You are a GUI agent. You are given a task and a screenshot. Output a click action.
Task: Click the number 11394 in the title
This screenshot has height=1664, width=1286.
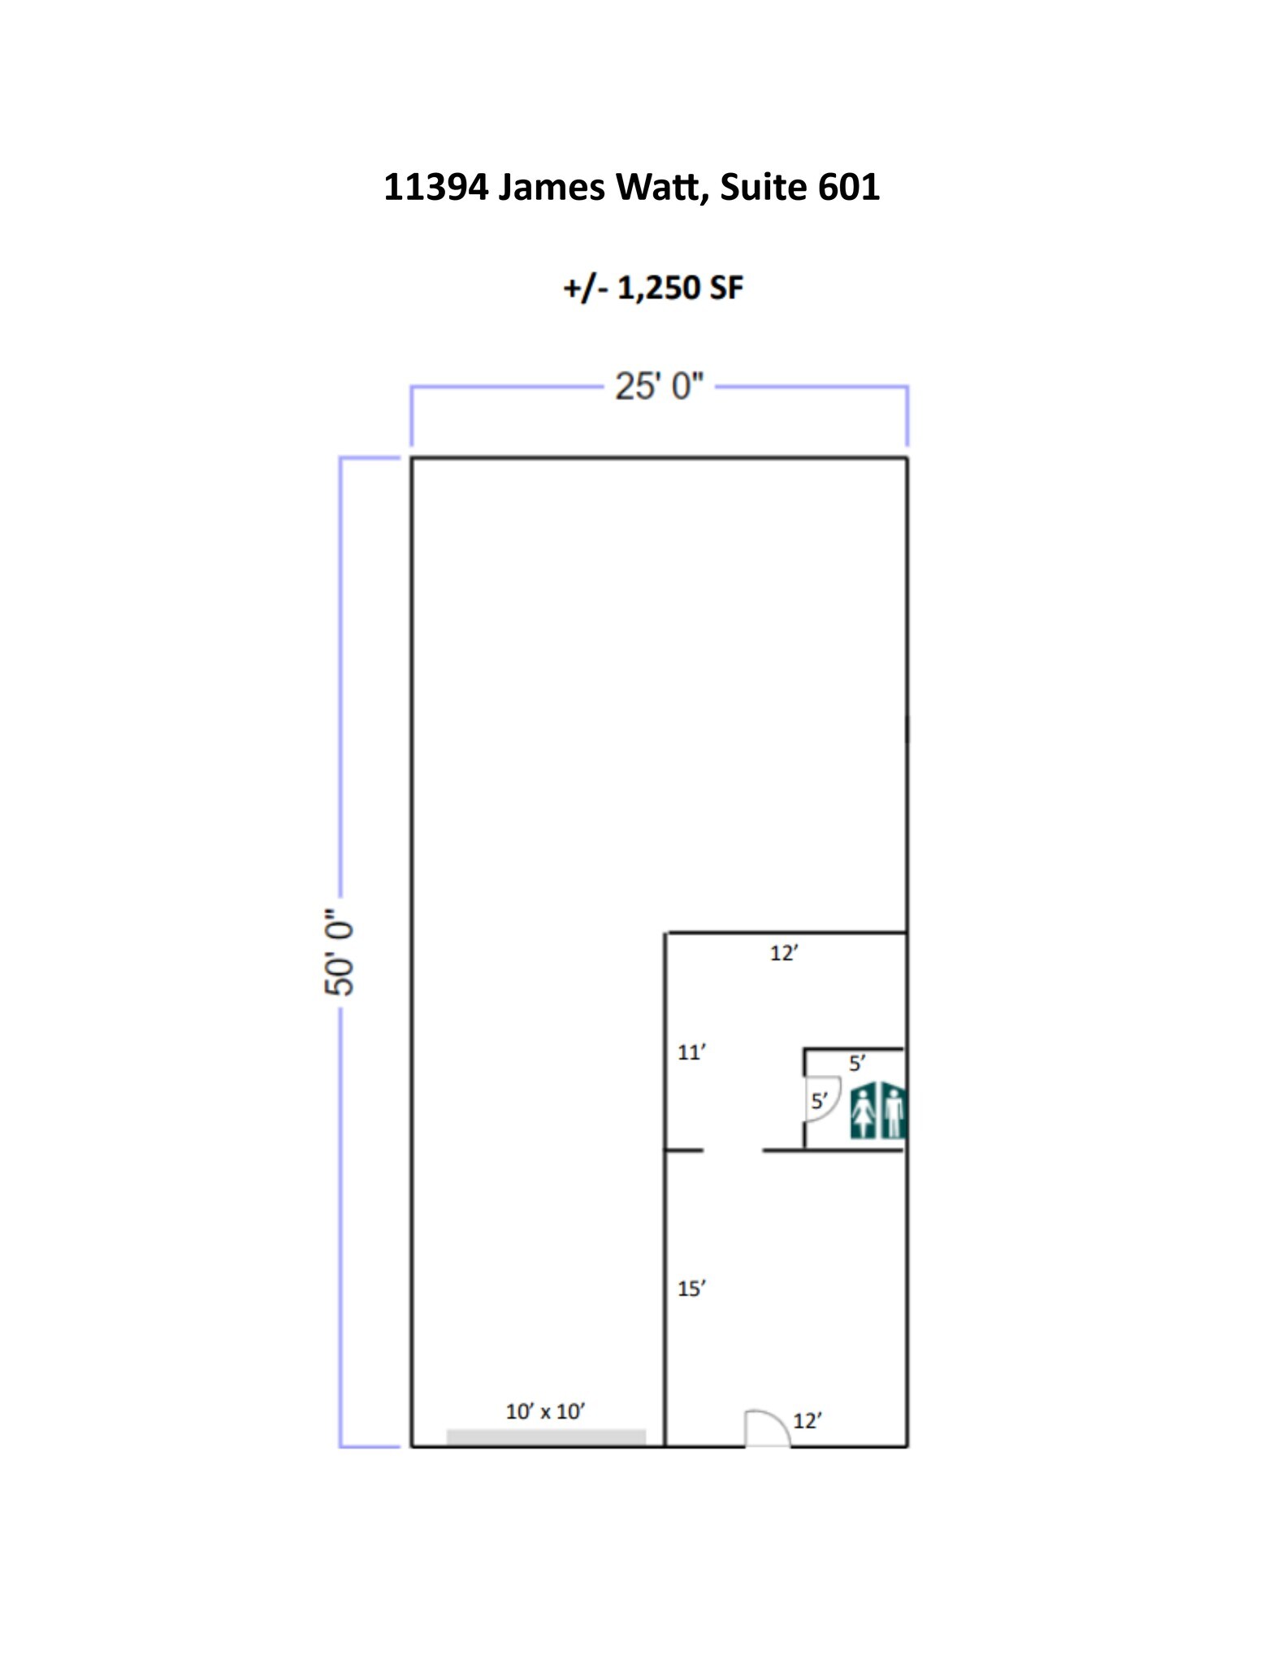435,188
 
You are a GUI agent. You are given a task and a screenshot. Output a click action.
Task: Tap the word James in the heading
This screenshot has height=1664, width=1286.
552,188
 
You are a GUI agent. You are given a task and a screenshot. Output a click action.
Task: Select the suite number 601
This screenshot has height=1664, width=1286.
848,188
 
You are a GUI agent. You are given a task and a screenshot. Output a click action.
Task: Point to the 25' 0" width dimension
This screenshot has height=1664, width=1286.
659,387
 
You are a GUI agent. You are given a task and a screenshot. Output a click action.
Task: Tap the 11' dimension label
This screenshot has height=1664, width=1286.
691,1053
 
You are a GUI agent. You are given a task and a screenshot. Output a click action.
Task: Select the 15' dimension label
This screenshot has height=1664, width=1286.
691,1289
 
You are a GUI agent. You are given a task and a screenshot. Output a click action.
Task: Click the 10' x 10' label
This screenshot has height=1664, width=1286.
545,1412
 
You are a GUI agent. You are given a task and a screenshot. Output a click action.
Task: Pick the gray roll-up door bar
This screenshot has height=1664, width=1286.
546,1437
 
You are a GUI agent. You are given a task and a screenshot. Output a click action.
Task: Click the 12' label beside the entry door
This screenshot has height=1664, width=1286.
808,1421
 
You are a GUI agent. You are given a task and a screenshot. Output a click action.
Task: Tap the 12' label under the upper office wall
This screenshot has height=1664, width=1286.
784,954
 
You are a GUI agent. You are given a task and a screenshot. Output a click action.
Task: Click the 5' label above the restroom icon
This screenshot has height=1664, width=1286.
857,1064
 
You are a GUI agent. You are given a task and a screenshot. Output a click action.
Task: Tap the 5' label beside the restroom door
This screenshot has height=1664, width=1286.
819,1102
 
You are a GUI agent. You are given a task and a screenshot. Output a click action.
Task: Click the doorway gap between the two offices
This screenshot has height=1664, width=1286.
733,1150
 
